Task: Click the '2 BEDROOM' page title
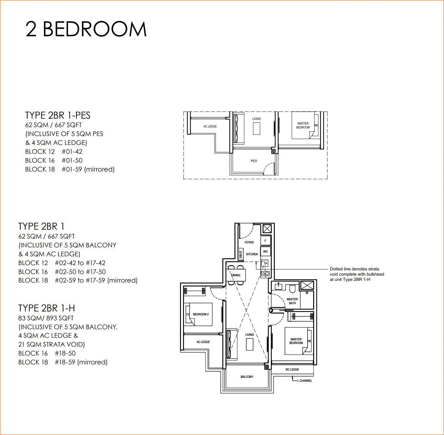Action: [x=86, y=29]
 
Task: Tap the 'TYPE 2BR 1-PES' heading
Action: [x=58, y=115]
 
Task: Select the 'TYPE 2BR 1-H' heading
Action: [x=47, y=308]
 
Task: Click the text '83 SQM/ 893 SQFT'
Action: [x=46, y=318]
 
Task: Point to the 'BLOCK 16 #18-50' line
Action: [x=47, y=353]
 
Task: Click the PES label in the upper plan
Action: [x=254, y=161]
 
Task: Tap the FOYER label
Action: [x=249, y=242]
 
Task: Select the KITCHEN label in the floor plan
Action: [x=252, y=254]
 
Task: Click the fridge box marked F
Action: [x=265, y=241]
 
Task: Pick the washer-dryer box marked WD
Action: [x=265, y=252]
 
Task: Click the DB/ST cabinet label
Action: [x=241, y=254]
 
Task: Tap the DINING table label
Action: [x=236, y=275]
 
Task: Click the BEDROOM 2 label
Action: [x=201, y=314]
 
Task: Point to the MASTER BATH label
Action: [x=292, y=301]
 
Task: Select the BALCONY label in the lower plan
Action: [x=247, y=377]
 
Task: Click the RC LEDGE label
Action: [x=292, y=369]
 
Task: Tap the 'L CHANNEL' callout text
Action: [x=305, y=380]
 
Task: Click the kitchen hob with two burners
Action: [x=265, y=273]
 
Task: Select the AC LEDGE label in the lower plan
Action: [x=203, y=342]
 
